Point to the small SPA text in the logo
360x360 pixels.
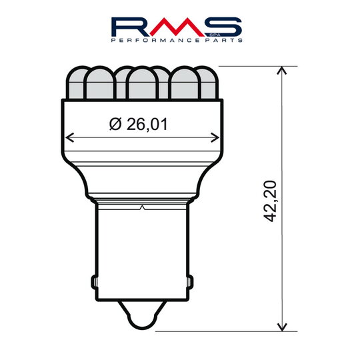205,33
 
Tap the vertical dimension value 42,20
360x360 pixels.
270,201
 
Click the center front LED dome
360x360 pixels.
142,85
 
